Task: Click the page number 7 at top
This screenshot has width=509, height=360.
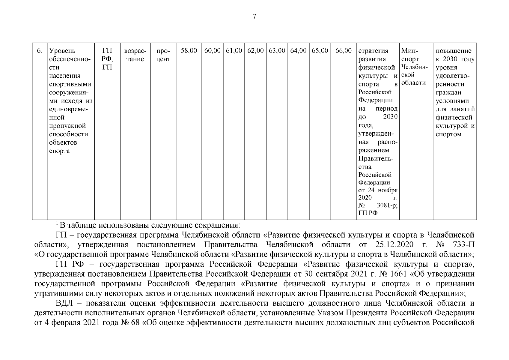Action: (x=255, y=17)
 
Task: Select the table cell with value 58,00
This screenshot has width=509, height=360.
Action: (x=189, y=51)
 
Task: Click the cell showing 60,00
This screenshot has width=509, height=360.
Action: (x=212, y=51)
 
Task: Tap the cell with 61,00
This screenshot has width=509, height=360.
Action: (x=234, y=51)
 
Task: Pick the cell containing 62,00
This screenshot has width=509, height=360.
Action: (x=255, y=51)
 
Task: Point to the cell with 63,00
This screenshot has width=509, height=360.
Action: (x=277, y=51)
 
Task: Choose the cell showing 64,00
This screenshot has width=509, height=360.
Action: (x=298, y=51)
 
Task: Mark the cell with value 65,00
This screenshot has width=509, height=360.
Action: (x=320, y=51)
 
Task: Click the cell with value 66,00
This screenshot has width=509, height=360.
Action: (x=343, y=51)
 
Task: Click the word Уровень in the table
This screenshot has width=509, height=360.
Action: (x=62, y=51)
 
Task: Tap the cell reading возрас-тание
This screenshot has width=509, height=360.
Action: (x=135, y=55)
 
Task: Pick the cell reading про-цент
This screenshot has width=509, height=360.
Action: (x=163, y=55)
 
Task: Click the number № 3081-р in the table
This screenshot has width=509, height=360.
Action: (x=387, y=206)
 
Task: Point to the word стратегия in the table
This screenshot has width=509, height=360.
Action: (x=373, y=51)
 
